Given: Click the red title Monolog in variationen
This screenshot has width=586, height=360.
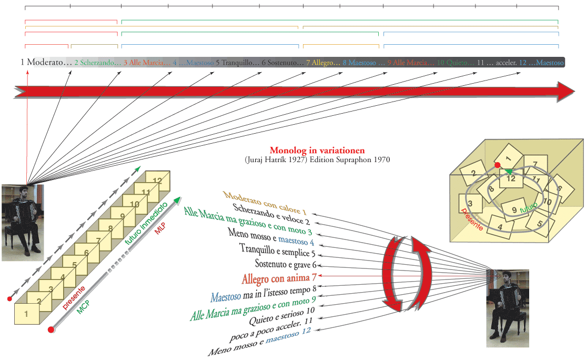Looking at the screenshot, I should pos(317,150).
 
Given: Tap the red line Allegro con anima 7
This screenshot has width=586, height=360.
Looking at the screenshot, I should pos(279,277).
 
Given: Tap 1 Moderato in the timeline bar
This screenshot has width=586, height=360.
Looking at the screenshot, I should pos(46,62).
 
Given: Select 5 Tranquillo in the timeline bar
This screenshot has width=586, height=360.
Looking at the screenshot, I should pos(237,62).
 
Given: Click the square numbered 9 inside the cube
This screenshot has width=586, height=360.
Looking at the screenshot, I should pos(514,209).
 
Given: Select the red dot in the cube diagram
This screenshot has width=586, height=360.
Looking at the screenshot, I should pos(498,165).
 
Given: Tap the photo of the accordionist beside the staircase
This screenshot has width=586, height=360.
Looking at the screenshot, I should pos(23,222).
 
